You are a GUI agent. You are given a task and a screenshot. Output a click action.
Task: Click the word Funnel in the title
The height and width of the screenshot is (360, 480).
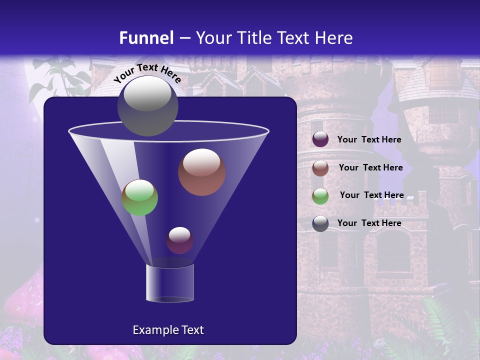(x=146, y=38)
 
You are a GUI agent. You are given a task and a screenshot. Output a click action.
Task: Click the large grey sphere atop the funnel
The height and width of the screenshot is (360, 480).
(x=147, y=106)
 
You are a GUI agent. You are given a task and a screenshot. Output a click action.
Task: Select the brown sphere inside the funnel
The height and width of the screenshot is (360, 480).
(x=201, y=172)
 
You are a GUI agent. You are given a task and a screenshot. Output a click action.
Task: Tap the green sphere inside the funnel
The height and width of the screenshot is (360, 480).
(x=140, y=197)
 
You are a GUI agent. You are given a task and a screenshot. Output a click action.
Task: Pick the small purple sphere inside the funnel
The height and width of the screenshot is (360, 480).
(x=179, y=240)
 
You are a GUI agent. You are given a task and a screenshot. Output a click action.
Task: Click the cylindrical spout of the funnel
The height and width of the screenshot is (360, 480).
(x=169, y=283)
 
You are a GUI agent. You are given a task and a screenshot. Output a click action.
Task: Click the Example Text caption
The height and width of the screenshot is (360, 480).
(x=168, y=330)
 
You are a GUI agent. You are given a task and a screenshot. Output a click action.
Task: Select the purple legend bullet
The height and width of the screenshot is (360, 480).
(x=320, y=139)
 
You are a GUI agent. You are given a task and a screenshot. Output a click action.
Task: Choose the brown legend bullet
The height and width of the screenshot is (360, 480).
(x=320, y=168)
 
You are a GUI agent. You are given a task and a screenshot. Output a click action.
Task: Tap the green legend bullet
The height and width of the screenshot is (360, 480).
(x=320, y=196)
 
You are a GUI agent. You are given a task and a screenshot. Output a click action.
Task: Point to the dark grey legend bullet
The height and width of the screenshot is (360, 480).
(x=320, y=223)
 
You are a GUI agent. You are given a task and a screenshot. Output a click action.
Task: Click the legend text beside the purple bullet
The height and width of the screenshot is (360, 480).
(x=369, y=140)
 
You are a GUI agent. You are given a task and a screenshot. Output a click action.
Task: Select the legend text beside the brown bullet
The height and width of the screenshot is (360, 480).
(x=370, y=168)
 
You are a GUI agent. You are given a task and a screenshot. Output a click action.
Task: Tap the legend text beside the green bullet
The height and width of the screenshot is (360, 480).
(x=371, y=195)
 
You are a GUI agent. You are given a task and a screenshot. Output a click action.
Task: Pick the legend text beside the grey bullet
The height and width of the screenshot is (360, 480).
(x=369, y=223)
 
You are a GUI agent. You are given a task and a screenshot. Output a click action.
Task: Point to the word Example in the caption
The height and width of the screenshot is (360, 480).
(x=151, y=330)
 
